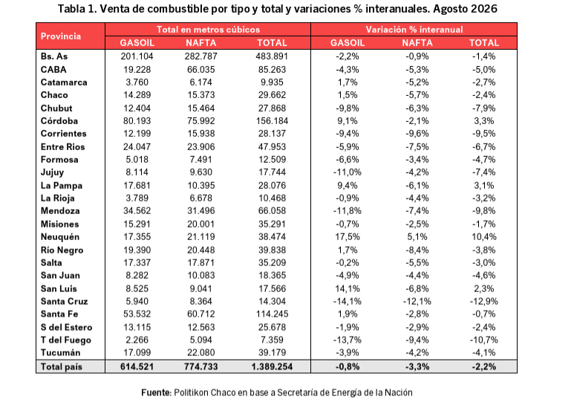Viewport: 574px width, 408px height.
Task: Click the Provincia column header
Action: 61,36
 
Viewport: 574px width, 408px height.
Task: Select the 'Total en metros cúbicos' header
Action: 208,30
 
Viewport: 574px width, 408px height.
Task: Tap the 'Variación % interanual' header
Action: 414,30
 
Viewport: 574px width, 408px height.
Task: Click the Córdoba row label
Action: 59,121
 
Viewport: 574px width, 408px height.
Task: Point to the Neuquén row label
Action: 60,237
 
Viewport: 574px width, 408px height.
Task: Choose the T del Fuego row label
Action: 66,340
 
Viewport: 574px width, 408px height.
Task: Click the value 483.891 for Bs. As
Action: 272,56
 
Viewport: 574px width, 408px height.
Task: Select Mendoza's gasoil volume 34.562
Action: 137,211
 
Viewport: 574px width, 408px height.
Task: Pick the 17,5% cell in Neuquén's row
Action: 348,237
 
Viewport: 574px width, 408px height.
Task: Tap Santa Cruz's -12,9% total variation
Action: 484,302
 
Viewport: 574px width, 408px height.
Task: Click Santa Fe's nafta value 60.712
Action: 201,314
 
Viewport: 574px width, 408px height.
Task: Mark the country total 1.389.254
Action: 272,366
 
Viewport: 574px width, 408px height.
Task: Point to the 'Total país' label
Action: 62,366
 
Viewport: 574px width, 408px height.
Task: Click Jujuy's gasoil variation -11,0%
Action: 347,172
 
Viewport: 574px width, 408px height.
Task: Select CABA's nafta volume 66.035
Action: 201,70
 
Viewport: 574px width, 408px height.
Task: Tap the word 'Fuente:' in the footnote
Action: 157,392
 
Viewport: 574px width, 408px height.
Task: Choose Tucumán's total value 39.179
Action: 272,353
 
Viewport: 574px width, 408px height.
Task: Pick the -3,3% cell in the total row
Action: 417,366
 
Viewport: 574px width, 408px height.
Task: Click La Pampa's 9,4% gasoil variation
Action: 348,185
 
